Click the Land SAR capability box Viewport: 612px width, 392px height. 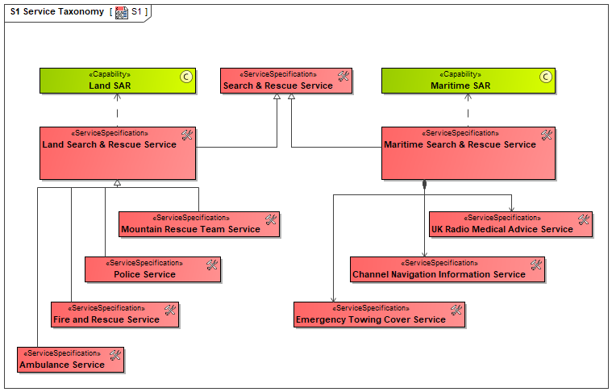click(118, 81)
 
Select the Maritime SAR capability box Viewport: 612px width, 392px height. click(468, 81)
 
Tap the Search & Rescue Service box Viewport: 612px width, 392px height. click(286, 81)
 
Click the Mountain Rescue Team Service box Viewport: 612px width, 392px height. click(199, 224)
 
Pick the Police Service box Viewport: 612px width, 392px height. click(152, 269)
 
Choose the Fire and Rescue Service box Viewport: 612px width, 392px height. click(114, 315)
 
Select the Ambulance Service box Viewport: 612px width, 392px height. click(71, 360)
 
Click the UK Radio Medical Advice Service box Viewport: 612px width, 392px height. click(510, 224)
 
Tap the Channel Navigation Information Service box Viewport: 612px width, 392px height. click(448, 269)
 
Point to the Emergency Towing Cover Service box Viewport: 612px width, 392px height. click(380, 315)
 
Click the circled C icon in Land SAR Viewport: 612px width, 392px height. click(186, 77)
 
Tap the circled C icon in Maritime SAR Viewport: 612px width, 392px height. click(546, 77)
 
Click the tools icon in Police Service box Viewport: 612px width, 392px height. click(212, 265)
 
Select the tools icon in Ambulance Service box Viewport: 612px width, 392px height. click(115, 355)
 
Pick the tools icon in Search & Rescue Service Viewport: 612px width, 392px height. click(343, 76)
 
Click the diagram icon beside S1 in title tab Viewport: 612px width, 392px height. click(122, 12)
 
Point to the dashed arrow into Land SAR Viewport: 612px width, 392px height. click(117, 111)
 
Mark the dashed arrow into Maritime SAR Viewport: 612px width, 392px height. click(468, 111)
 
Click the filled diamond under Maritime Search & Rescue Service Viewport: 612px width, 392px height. click(425, 184)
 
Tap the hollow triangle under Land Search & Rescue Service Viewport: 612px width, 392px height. click(117, 182)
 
